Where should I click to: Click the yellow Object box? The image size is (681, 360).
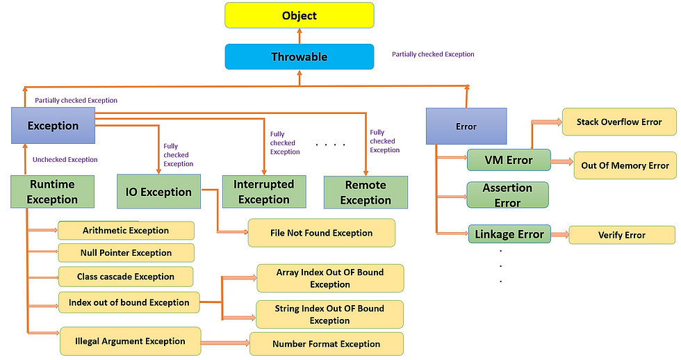tap(300, 15)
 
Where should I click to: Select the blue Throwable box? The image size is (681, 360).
tap(300, 56)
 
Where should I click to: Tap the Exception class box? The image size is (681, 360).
tap(53, 126)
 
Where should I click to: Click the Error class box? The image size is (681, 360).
tap(466, 126)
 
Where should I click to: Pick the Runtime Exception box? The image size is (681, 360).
tap(52, 192)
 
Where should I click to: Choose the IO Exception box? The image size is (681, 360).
tap(158, 192)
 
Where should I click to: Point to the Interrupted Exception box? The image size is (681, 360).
tap(264, 192)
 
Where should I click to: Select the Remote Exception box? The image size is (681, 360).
tap(366, 193)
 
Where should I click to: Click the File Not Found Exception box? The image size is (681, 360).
tap(321, 233)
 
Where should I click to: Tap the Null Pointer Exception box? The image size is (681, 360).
tap(126, 253)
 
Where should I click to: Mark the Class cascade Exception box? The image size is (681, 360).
tap(126, 277)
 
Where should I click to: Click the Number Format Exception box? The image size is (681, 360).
tap(326, 344)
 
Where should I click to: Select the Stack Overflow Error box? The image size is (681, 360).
tap(619, 122)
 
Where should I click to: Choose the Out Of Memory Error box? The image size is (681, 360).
tap(625, 165)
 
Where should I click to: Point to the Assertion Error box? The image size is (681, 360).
tap(507, 195)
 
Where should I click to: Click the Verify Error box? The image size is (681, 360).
tap(621, 235)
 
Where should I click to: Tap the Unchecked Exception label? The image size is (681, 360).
tap(65, 159)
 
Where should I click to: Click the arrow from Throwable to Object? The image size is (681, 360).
tap(300, 36)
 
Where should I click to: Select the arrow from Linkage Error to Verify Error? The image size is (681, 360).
tap(560, 234)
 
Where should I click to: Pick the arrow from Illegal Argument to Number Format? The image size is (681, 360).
tap(225, 343)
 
